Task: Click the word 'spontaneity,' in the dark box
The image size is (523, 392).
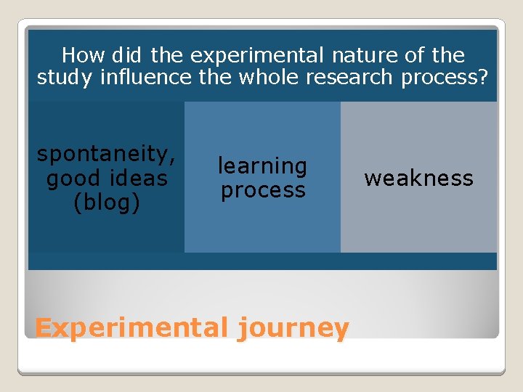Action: point(106,155)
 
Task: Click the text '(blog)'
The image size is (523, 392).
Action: point(106,203)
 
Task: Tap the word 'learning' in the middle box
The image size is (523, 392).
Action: point(262,166)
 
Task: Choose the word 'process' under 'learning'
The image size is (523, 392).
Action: point(262,190)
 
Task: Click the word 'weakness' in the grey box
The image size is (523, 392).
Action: point(418,179)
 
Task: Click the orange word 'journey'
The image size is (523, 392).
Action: point(293,329)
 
